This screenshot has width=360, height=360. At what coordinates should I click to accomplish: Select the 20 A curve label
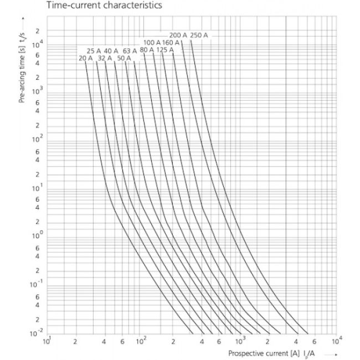tap(86, 58)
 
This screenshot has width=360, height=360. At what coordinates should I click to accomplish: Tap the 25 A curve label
tap(94, 51)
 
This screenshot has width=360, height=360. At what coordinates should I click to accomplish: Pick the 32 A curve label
tap(105, 58)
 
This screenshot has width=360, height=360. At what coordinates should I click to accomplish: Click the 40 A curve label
tap(111, 51)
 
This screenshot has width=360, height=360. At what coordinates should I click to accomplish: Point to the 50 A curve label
tap(124, 58)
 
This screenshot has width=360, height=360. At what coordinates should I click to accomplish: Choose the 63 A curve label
tap(130, 51)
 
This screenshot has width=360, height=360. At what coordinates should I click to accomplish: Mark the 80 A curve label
tap(147, 50)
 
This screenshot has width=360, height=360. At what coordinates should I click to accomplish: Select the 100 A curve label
tap(152, 43)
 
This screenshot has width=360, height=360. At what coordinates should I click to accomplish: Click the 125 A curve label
tap(165, 50)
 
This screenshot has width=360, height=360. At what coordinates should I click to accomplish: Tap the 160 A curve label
tap(171, 43)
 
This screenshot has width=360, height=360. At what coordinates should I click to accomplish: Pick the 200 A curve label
tap(178, 35)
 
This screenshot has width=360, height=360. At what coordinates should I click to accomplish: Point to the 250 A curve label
tap(199, 35)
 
